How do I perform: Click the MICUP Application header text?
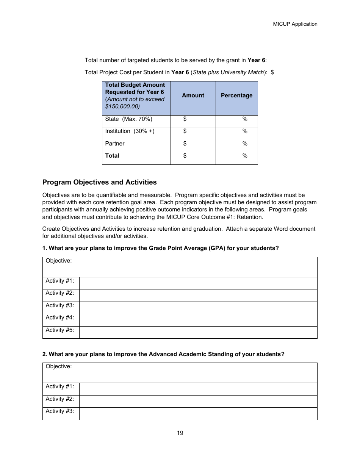pyautogui.click(x=295, y=24)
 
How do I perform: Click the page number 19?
pyautogui.click(x=180, y=433)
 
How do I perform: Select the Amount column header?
pyautogui.click(x=193, y=95)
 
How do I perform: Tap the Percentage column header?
pyautogui.click(x=236, y=95)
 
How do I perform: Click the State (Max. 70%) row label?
pyautogui.click(x=128, y=119)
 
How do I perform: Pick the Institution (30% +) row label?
pyautogui.click(x=130, y=131)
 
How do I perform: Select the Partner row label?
pyautogui.click(x=115, y=144)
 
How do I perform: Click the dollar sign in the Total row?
pyautogui.click(x=185, y=156)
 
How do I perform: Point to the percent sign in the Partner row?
pyautogui.click(x=245, y=144)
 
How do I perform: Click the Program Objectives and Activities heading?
pyautogui.click(x=99, y=182)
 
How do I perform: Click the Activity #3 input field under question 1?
pyautogui.click(x=198, y=308)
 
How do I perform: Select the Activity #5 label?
pyautogui.click(x=60, y=330)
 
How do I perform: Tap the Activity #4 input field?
pyautogui.click(x=198, y=320)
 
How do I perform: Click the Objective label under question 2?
pyautogui.click(x=59, y=366)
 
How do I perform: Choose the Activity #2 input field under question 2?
pyautogui.click(x=198, y=401)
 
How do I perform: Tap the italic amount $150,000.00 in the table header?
pyautogui.click(x=122, y=106)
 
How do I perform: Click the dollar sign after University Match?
pyautogui.click(x=272, y=72)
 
